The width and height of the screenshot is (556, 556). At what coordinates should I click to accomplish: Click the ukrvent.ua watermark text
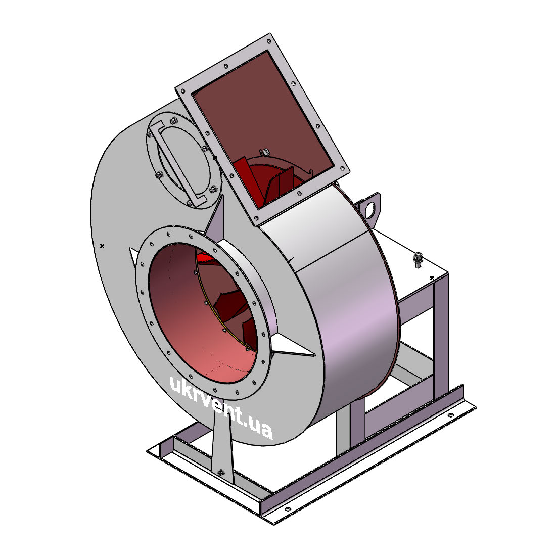[x=221, y=408]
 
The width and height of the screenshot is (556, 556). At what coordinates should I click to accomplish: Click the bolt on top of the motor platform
[x=418, y=260]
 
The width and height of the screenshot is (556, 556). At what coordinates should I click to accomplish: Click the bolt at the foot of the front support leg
[x=221, y=472]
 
